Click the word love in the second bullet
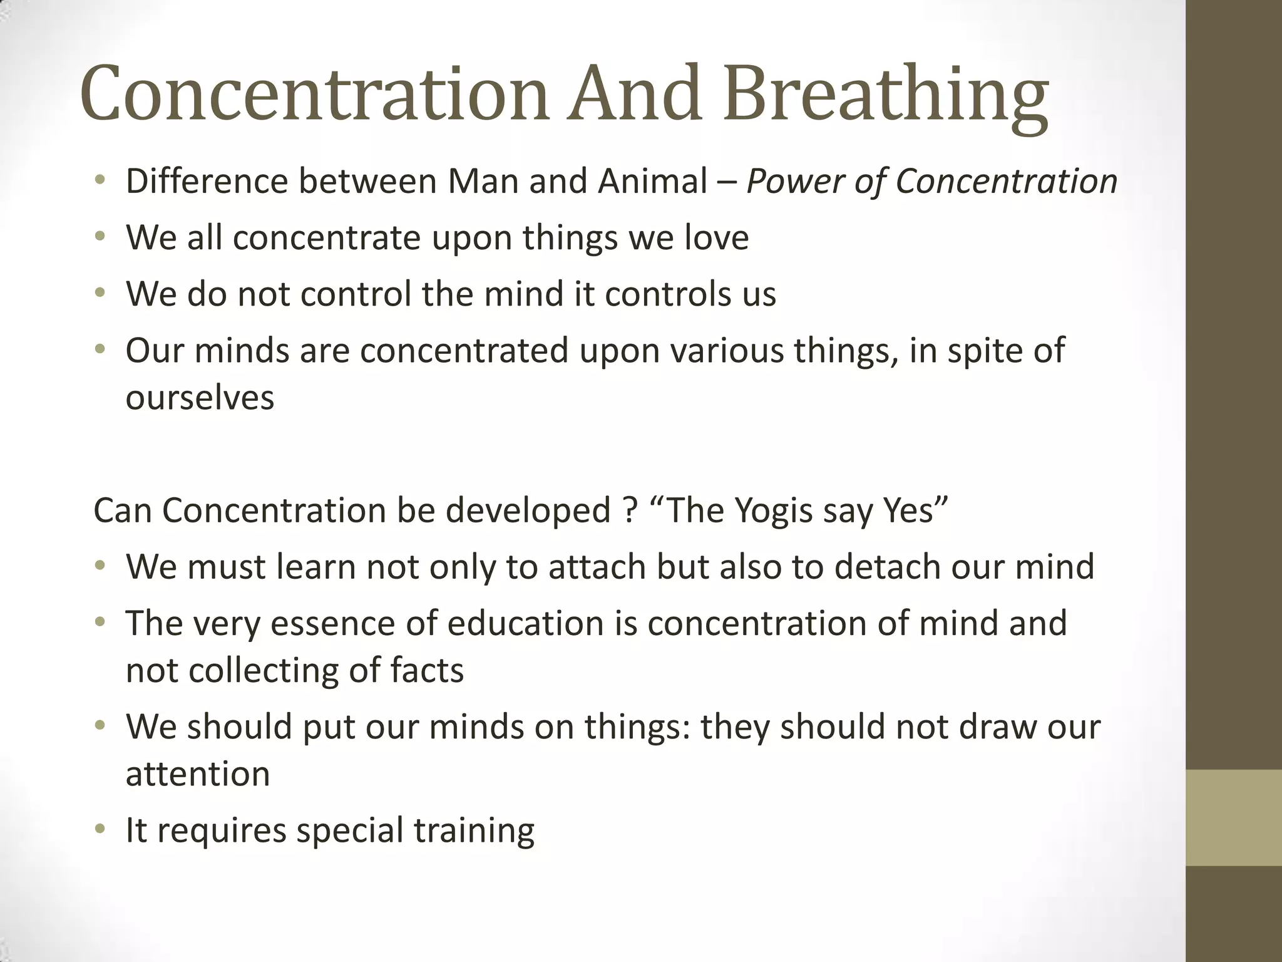click(x=716, y=238)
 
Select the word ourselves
click(x=200, y=398)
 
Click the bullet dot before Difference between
click(x=100, y=182)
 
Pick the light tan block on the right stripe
click(x=1233, y=817)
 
